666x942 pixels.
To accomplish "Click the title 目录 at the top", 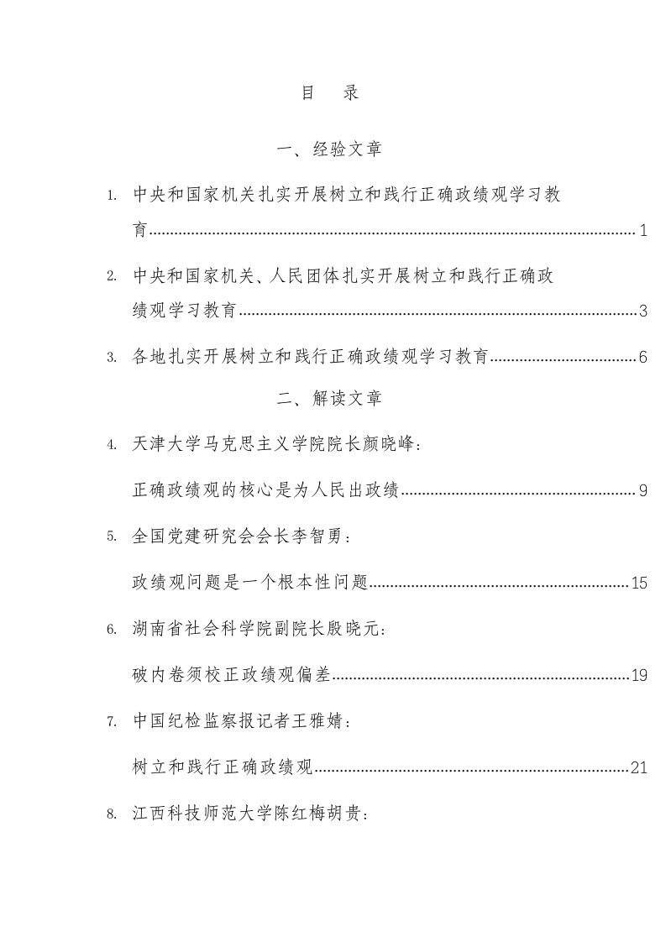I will coord(330,93).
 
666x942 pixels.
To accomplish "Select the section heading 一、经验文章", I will coord(329,150).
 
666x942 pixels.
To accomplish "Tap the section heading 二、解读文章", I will coord(329,400).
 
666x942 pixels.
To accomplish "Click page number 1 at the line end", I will coord(642,231).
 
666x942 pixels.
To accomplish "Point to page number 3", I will coord(642,311).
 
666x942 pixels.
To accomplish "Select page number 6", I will coord(642,358).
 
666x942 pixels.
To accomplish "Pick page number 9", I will coord(642,490).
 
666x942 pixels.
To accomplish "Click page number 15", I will coord(639,583).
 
